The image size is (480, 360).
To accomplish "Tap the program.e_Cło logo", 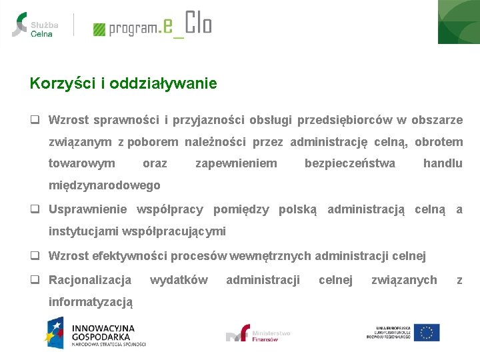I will (x=152, y=25).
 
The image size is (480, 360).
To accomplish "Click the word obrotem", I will (x=439, y=141).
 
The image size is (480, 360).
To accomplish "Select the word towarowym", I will (x=81, y=163).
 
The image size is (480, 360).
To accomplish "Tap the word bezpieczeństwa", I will (x=349, y=163).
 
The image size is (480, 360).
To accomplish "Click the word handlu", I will (x=443, y=163).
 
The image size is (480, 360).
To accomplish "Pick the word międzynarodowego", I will (x=104, y=185).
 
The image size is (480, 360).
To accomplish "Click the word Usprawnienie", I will (x=87, y=209).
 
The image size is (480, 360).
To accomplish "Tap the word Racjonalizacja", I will (x=90, y=279).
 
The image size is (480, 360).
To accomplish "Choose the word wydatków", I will (x=179, y=279).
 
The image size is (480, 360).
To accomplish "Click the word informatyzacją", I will (x=91, y=301).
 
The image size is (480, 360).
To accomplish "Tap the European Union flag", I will (x=426, y=332).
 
